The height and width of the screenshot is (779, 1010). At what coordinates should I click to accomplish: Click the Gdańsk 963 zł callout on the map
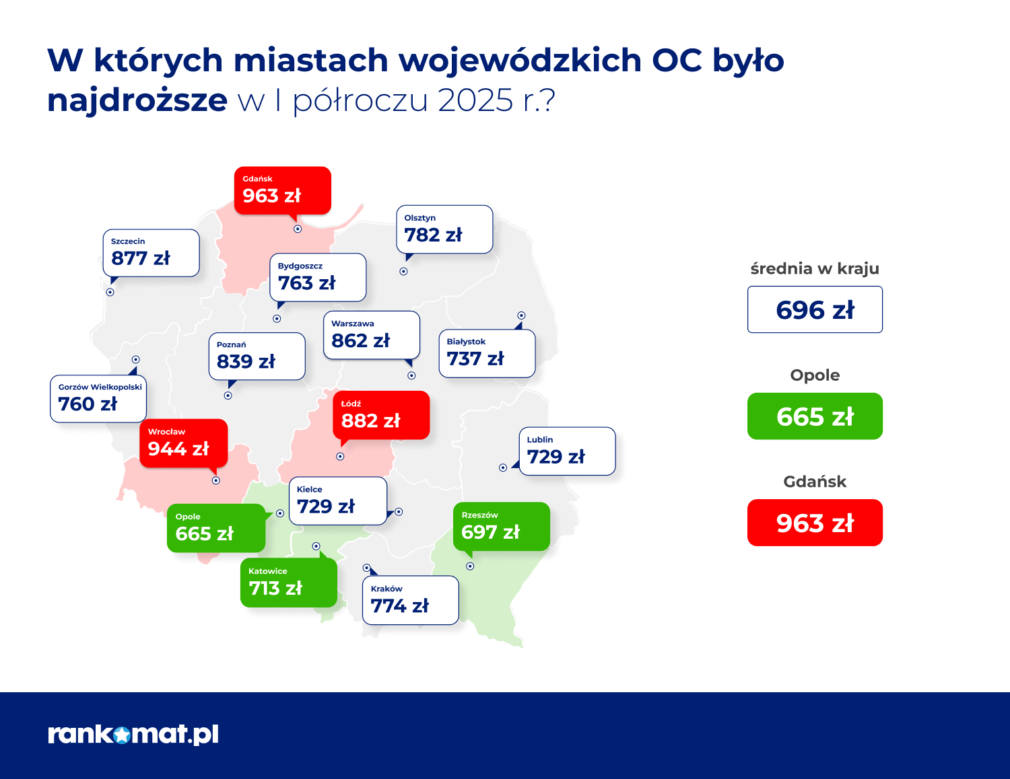click(282, 191)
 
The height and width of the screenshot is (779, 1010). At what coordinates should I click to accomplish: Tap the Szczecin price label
click(151, 253)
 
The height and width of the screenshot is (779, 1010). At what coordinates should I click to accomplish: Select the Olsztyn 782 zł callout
click(444, 229)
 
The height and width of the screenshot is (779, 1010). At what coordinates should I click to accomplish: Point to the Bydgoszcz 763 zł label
click(317, 277)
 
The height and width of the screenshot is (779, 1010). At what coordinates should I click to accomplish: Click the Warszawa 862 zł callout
click(371, 335)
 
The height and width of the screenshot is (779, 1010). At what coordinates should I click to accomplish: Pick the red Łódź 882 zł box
click(380, 415)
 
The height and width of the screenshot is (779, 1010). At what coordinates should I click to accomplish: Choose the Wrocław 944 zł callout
click(183, 443)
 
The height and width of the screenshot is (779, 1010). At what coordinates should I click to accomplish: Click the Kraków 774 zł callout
click(410, 600)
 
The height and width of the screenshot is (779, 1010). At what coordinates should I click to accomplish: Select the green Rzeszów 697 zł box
click(501, 527)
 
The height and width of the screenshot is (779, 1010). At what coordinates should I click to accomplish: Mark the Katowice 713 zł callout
click(288, 583)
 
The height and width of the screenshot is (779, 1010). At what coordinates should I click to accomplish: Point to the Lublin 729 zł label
click(567, 451)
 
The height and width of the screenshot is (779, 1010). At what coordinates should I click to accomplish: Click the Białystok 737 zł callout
click(486, 353)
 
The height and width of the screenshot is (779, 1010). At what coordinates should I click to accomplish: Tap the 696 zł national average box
click(815, 309)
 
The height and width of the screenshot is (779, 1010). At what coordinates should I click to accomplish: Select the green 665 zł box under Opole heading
click(815, 416)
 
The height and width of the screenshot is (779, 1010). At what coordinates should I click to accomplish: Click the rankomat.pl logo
click(133, 734)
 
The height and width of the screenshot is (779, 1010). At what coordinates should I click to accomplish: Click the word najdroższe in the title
click(137, 100)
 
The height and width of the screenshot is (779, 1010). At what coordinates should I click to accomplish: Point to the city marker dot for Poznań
click(228, 396)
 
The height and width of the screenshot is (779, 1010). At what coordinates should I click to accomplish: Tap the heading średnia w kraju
click(815, 268)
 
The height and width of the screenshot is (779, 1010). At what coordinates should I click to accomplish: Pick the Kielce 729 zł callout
click(337, 501)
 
